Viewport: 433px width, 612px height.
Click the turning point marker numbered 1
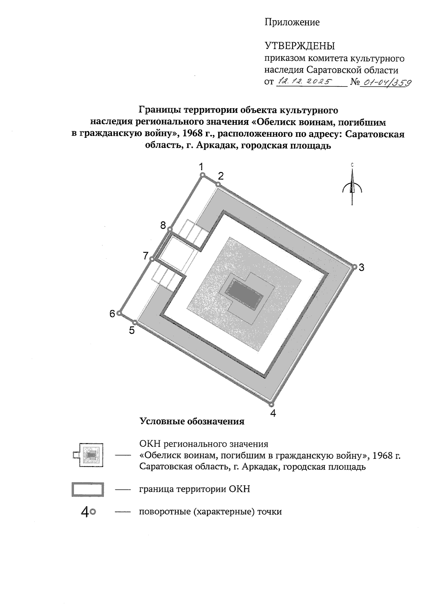coord(203,175)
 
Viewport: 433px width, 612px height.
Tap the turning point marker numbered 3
coord(355,267)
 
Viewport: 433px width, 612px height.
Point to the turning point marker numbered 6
coord(119,313)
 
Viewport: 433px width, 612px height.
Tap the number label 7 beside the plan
coord(145,256)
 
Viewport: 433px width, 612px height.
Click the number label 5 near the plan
coord(132,330)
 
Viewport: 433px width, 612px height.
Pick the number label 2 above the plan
coord(221,176)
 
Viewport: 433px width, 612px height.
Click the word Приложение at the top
coord(292,22)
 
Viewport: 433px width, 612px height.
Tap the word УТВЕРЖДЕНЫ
coord(300,46)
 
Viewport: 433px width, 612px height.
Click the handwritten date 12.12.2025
coord(305,82)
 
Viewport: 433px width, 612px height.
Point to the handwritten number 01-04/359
coord(387,83)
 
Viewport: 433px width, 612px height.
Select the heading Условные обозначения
coord(192,421)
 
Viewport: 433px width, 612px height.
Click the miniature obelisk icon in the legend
coord(89,455)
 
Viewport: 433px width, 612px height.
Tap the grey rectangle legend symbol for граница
coord(88,490)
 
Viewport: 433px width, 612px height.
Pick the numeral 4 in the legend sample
coord(86,511)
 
